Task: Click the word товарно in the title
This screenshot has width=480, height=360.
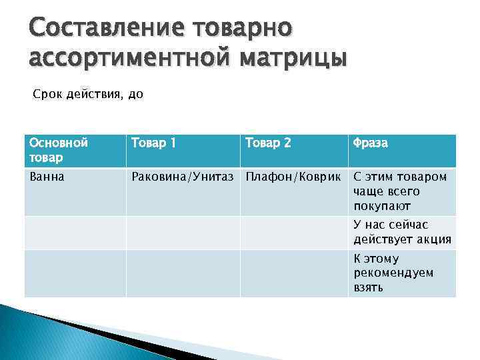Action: (243, 29)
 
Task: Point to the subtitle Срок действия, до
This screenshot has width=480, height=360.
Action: (88, 95)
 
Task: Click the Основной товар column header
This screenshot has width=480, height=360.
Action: (59, 150)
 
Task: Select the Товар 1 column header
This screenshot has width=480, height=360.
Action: (154, 143)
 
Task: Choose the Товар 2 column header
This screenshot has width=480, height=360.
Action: (268, 143)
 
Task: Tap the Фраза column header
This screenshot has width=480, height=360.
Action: (370, 143)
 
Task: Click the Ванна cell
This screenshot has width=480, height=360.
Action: (45, 177)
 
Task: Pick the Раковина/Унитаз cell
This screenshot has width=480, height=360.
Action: (183, 177)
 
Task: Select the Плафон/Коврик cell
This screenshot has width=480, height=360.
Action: (295, 177)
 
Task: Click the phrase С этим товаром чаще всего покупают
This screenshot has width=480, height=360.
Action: (400, 191)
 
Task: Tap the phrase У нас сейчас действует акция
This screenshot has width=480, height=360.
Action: (402, 233)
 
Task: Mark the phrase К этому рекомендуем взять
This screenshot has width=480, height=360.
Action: (393, 273)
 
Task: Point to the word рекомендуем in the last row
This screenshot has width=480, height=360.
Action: (393, 273)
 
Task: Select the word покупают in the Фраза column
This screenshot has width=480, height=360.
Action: (382, 207)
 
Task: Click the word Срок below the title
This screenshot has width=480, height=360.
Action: (47, 95)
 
